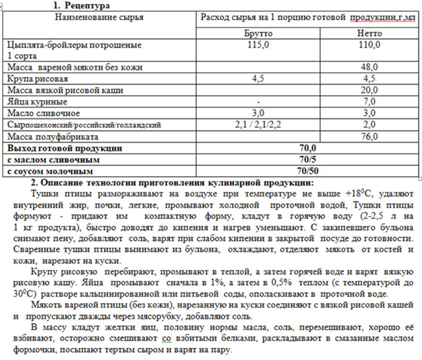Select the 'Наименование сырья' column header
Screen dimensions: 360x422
click(x=99, y=16)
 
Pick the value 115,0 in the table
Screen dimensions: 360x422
click(x=254, y=45)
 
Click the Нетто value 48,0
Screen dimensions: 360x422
click(x=369, y=68)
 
